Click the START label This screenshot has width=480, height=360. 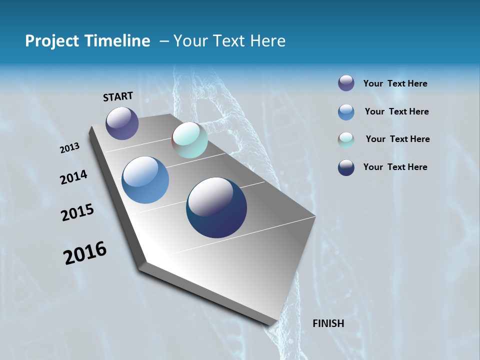pyautogui.click(x=118, y=96)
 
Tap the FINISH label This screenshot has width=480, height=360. pyautogui.click(x=328, y=323)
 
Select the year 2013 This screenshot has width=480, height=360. pyautogui.click(x=69, y=148)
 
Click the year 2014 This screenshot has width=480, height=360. pyautogui.click(x=73, y=177)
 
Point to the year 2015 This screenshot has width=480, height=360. pyautogui.click(x=77, y=212)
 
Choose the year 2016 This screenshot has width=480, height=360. pyautogui.click(x=85, y=253)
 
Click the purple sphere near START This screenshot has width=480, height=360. pyautogui.click(x=122, y=123)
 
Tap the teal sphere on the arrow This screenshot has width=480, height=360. pyautogui.click(x=189, y=140)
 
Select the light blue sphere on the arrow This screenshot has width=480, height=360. pyautogui.click(x=145, y=180)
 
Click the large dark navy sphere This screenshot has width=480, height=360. pyautogui.click(x=216, y=207)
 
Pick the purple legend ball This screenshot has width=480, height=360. pyautogui.click(x=346, y=83)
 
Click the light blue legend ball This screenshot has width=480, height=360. pyautogui.click(x=346, y=112)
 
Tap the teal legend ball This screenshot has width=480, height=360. pyautogui.click(x=346, y=140)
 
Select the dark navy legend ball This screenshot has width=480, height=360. pyautogui.click(x=346, y=167)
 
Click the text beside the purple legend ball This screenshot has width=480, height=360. pyautogui.click(x=395, y=83)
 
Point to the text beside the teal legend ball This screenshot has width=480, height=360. pyautogui.click(x=397, y=139)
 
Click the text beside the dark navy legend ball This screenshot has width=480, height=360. pyautogui.click(x=395, y=167)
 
